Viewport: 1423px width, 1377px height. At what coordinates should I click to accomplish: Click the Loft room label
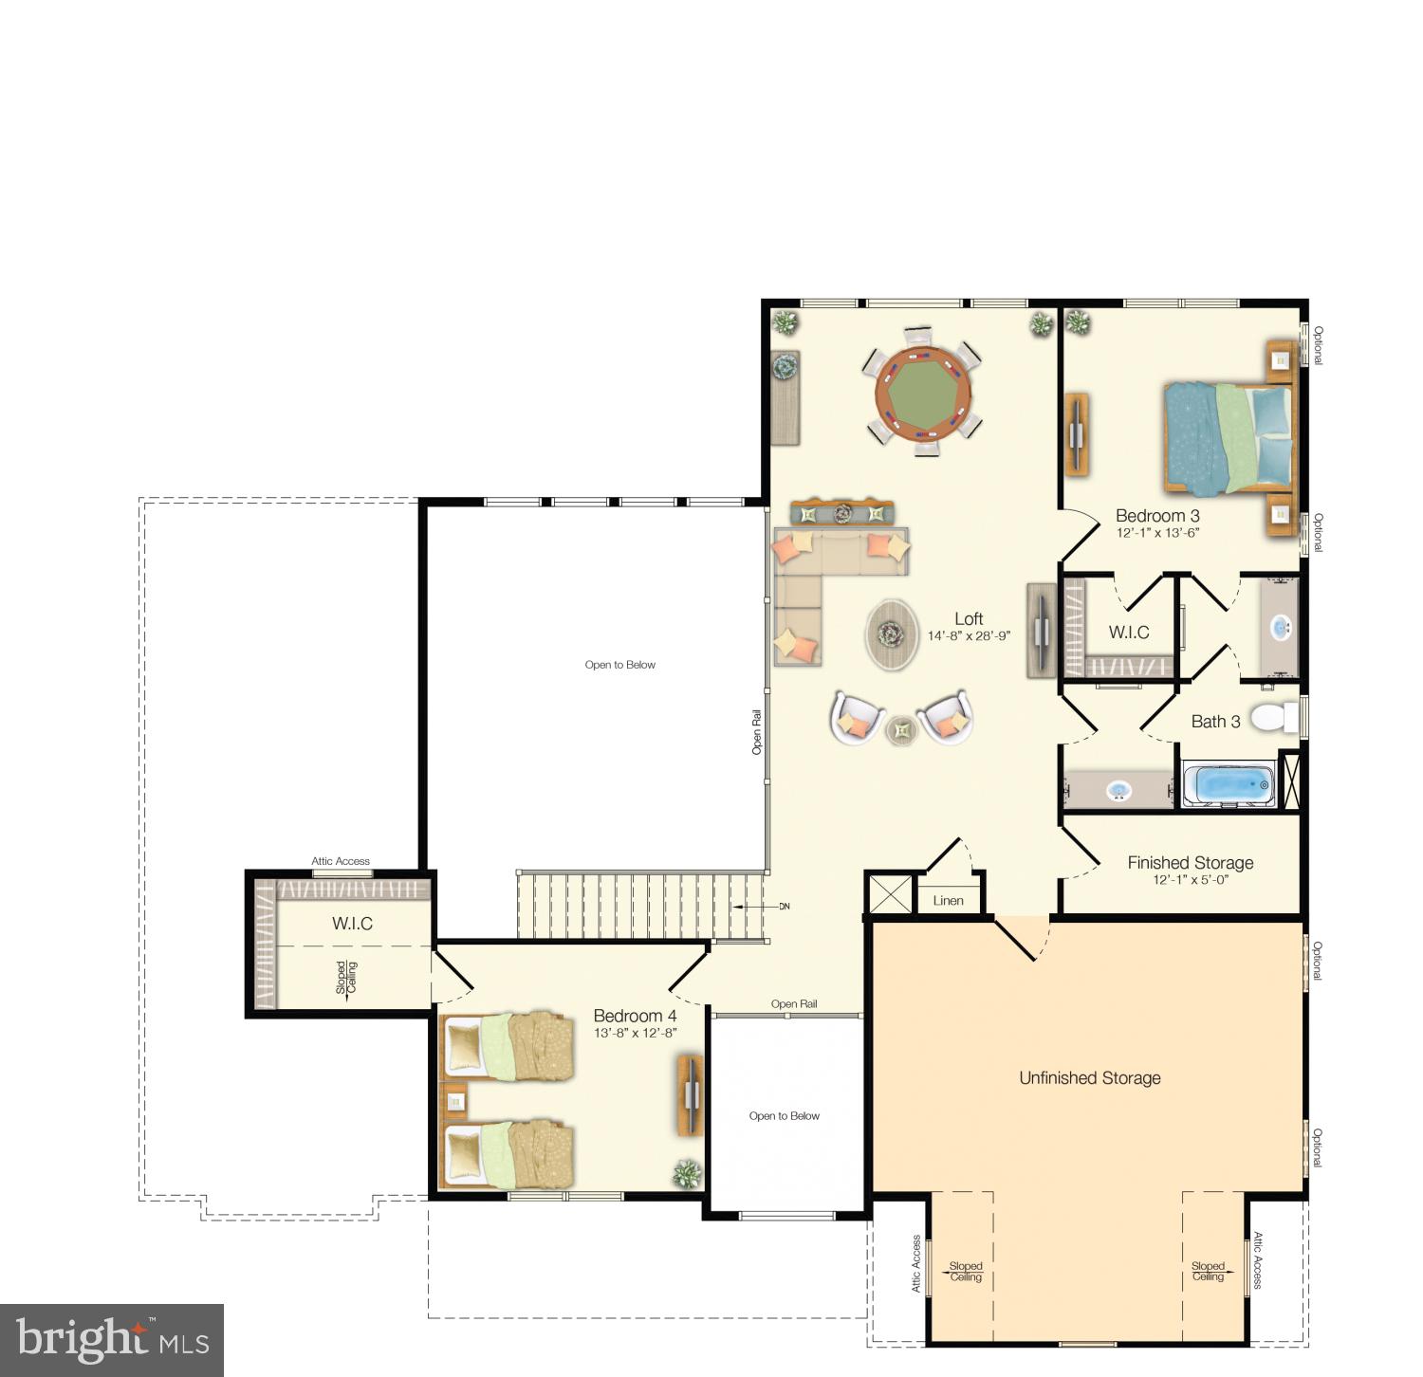coord(969,619)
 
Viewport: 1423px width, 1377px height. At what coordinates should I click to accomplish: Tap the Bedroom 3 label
coord(1157,516)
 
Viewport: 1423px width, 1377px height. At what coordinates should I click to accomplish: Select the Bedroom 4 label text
coord(635,1016)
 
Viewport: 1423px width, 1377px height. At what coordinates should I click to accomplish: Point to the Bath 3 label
coord(1215,722)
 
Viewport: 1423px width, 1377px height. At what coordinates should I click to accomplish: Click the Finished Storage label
coord(1190,863)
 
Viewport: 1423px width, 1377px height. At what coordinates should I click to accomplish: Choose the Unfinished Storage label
coord(1089,1078)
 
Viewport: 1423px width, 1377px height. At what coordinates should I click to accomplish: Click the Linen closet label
coord(948,901)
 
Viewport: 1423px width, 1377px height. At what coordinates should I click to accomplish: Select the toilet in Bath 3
coord(1273,717)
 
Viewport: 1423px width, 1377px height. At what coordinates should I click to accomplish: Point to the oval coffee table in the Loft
coord(892,633)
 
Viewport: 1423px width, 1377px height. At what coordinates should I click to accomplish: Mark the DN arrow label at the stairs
coord(784,907)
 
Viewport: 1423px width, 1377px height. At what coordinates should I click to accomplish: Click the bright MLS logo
coord(112,1339)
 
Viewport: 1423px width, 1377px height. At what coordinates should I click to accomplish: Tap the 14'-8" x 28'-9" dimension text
coord(969,636)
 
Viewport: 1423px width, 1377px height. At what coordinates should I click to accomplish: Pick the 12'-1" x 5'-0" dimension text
coord(1190,880)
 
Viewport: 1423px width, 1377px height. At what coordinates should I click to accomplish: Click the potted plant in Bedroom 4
coord(685,1174)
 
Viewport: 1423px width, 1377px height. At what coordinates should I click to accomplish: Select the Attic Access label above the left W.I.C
coord(341,861)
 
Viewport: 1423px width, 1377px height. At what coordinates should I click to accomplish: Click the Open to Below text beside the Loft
coord(619,665)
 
